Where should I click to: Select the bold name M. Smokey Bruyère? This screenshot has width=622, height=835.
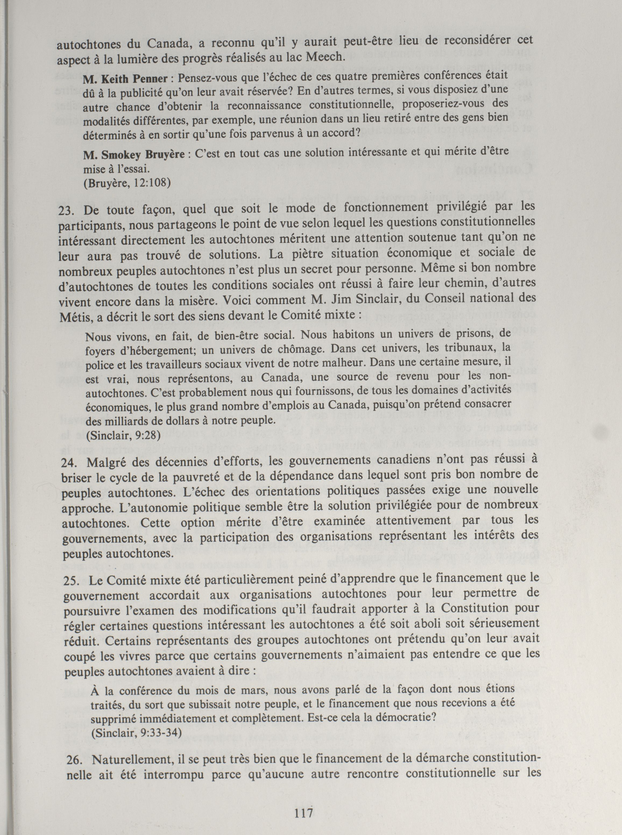134,155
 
